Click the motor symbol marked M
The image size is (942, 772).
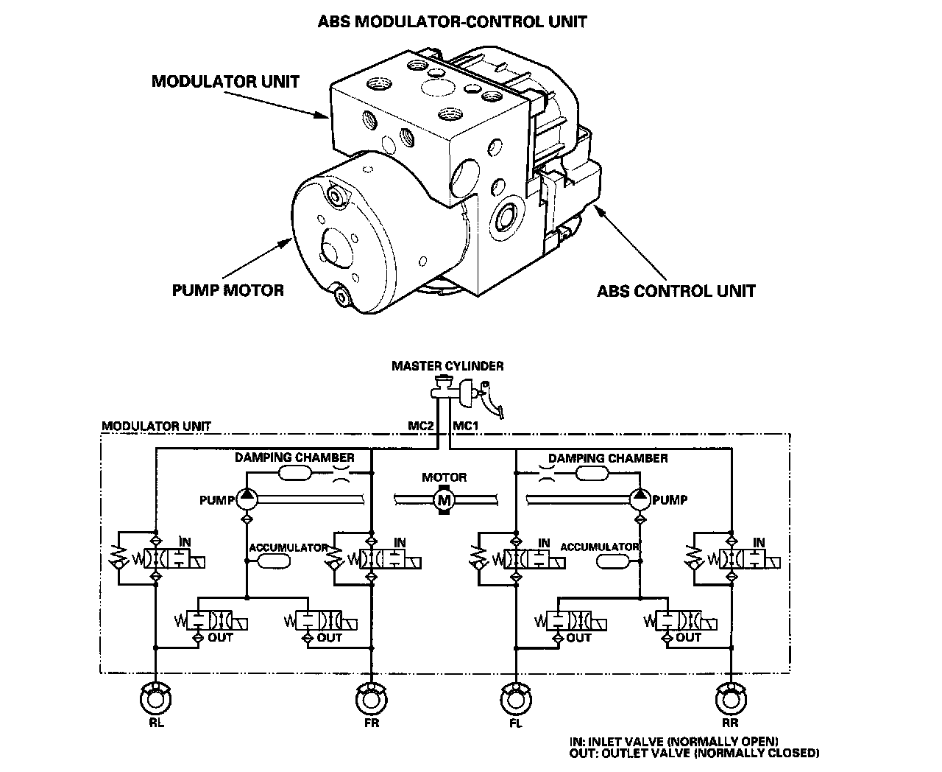tap(444, 501)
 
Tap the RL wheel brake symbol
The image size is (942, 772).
tap(155, 698)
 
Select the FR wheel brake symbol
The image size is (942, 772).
tap(370, 698)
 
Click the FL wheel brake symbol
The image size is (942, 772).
tap(515, 698)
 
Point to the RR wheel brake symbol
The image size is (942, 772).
tap(730, 698)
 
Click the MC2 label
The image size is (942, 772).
tap(422, 425)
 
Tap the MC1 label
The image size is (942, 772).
tap(465, 425)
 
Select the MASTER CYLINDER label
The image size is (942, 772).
tap(447, 365)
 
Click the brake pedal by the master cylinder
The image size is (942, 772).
tap(488, 399)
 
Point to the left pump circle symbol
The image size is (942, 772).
tap(246, 500)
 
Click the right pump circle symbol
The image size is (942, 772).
tap(639, 500)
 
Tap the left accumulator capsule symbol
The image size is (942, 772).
tap(270, 562)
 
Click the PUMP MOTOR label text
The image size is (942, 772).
tap(227, 290)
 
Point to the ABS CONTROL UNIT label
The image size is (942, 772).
tap(676, 291)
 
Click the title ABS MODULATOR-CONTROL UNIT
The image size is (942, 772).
tap(452, 21)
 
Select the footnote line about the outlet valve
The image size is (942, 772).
tap(694, 754)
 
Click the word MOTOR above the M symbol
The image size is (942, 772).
tap(444, 477)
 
